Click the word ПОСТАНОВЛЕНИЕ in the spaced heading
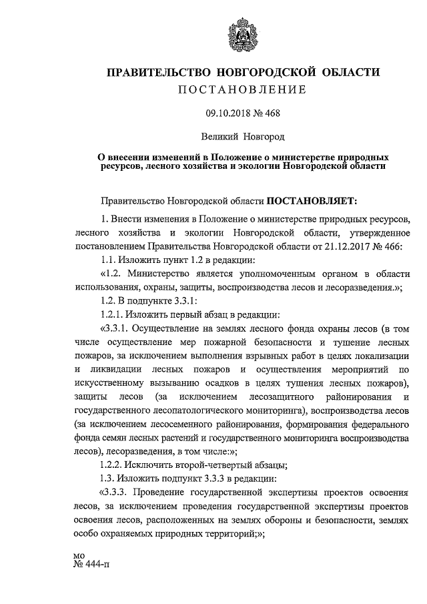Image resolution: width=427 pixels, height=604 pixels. [242, 89]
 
